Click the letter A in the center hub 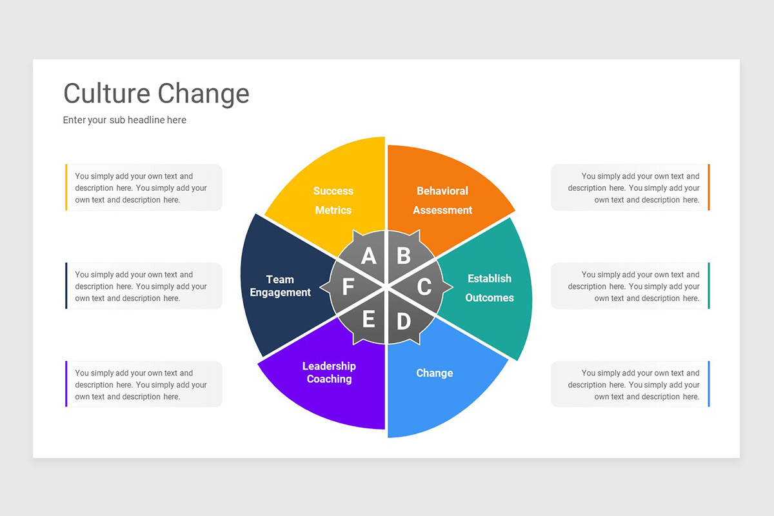[368, 256]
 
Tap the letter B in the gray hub [404, 256]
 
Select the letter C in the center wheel [424, 286]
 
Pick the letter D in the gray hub [403, 321]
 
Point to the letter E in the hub [368, 319]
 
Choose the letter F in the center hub [348, 287]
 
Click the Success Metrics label [333, 201]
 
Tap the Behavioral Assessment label [442, 201]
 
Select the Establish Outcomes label [490, 288]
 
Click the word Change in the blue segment [435, 373]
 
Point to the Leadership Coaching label [329, 372]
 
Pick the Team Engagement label [280, 286]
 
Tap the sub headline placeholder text [124, 120]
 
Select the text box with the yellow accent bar [144, 188]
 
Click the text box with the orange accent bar [630, 188]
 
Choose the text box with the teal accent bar [630, 286]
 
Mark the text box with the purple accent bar [144, 384]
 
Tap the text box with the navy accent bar [144, 286]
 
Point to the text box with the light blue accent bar [630, 384]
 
